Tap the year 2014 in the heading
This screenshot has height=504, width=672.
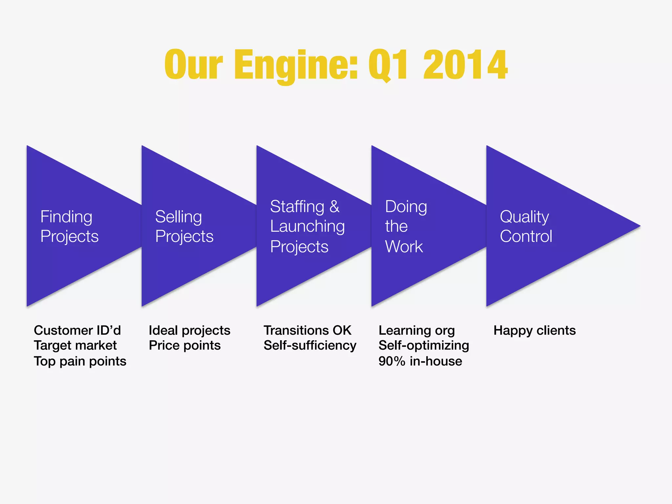(465, 65)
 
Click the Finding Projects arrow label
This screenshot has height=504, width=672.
(69, 226)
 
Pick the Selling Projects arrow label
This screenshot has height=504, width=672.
(184, 226)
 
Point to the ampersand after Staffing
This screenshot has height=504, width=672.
(334, 207)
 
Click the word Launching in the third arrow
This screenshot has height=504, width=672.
(307, 226)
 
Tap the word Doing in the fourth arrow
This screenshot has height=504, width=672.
(406, 207)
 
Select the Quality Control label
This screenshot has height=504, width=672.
(526, 226)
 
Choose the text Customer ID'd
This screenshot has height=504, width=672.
(77, 330)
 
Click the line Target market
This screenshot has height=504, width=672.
(75, 346)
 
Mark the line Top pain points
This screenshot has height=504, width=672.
(80, 361)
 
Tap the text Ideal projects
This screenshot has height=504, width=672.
(189, 330)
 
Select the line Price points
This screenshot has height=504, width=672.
(184, 346)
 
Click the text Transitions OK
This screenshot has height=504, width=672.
(307, 330)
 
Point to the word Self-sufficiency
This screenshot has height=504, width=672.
(310, 346)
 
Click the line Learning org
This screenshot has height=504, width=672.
(416, 330)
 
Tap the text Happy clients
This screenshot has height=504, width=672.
(535, 330)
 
